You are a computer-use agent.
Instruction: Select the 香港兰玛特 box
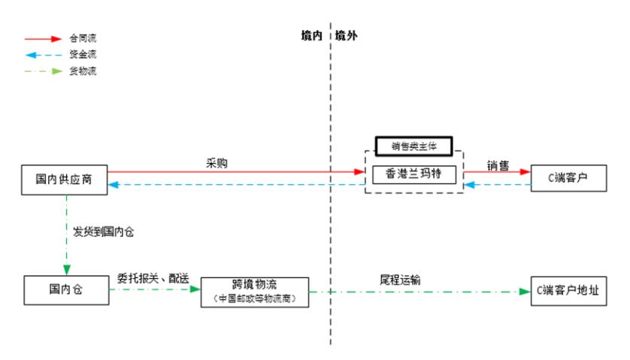click(414, 174)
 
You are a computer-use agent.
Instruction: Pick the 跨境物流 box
click(254, 291)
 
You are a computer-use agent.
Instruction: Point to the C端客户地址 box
click(568, 289)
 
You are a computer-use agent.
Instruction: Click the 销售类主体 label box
click(414, 146)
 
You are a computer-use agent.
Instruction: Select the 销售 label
click(497, 165)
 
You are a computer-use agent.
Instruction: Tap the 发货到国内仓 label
click(104, 231)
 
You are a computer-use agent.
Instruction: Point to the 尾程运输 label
click(399, 280)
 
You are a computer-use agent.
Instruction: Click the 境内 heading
click(311, 35)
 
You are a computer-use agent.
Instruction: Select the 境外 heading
click(347, 35)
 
